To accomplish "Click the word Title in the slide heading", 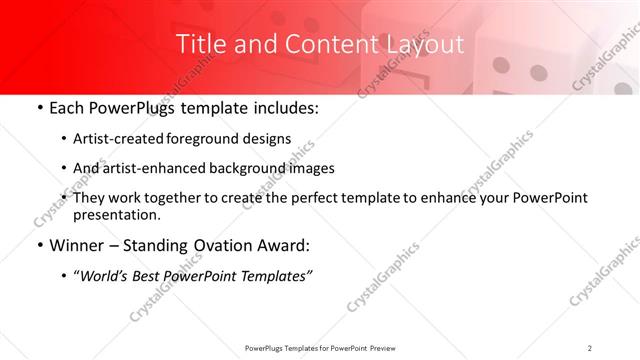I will tap(199, 44).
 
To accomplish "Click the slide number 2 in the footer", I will tap(590, 348).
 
